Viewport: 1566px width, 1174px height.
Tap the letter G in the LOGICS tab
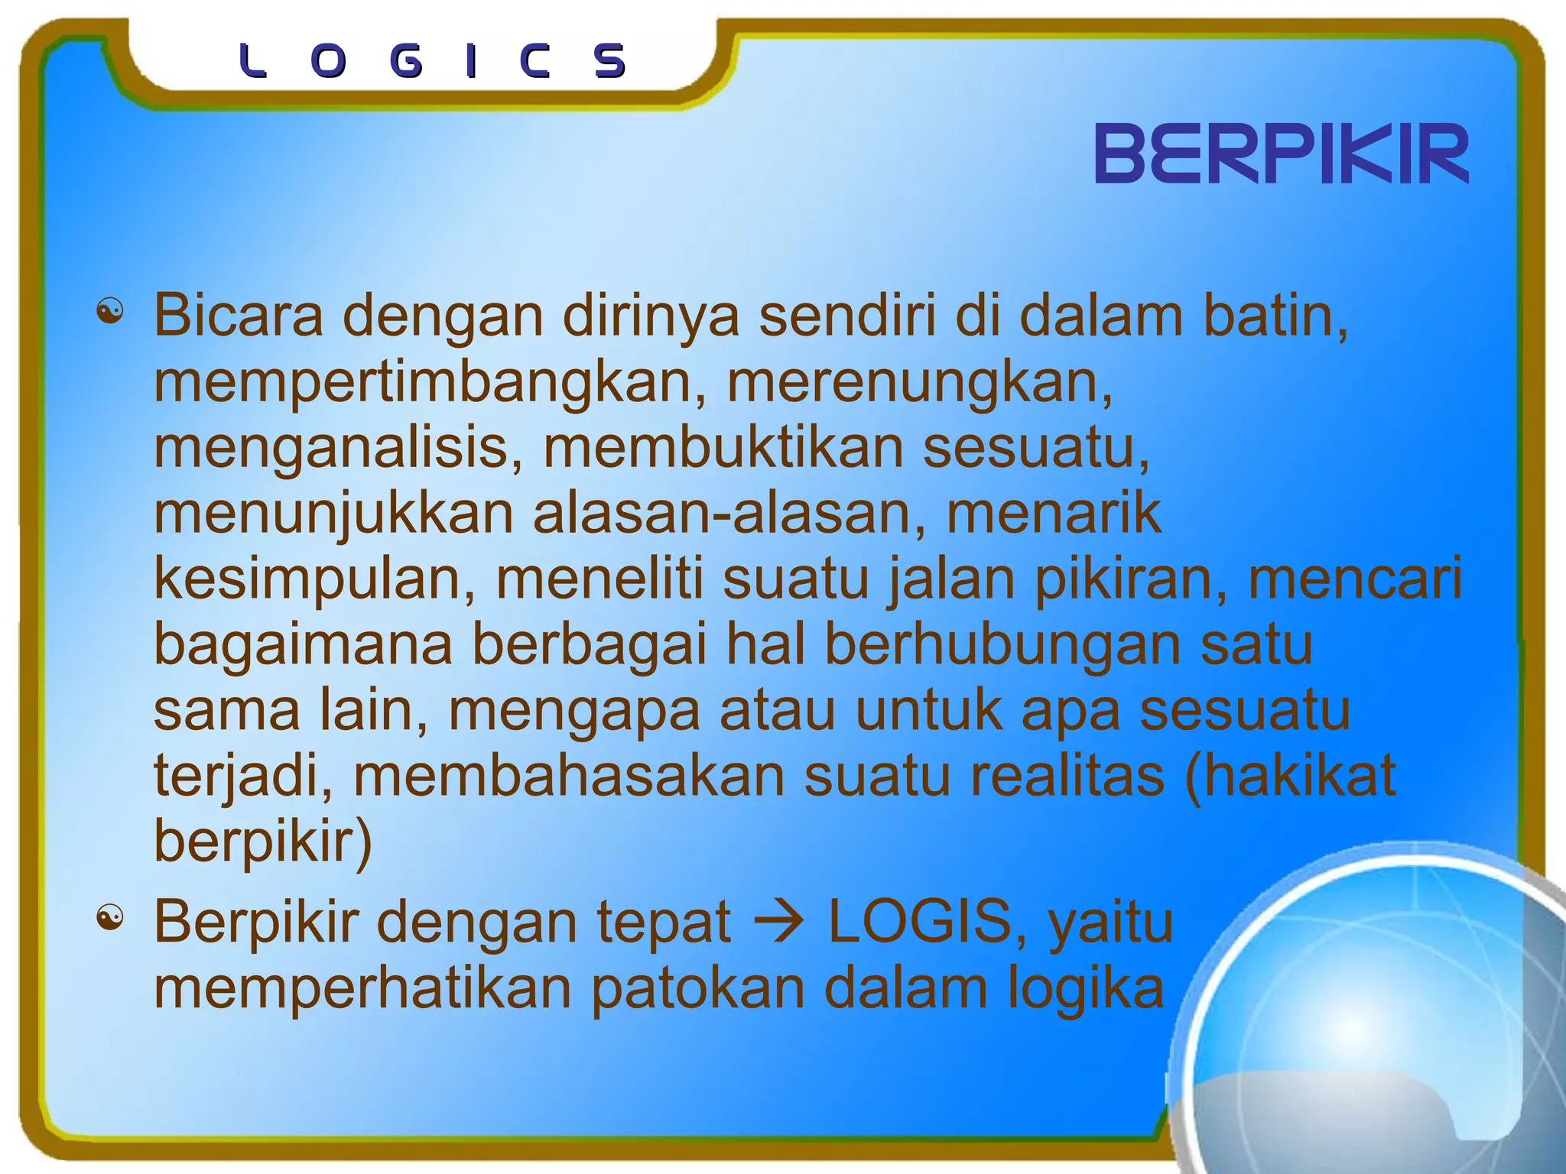click(405, 61)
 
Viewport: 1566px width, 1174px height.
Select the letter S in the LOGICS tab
click(610, 61)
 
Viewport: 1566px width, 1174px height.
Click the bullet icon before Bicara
click(110, 312)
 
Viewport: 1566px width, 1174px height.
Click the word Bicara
click(239, 315)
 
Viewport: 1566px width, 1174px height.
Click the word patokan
click(698, 989)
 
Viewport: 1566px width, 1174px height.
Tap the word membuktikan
click(723, 448)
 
